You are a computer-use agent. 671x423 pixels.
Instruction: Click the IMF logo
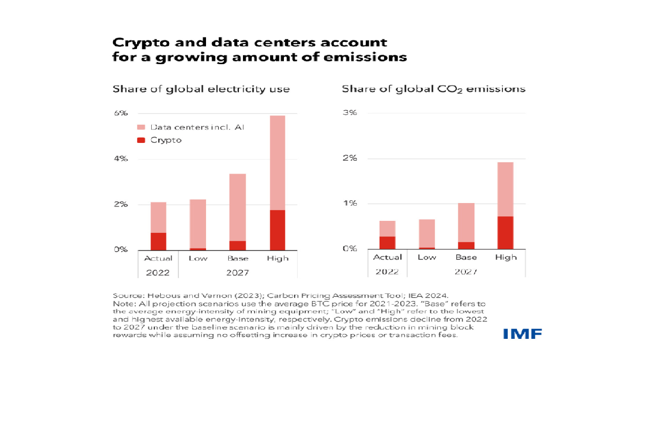522,334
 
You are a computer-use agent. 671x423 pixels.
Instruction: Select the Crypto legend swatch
141,140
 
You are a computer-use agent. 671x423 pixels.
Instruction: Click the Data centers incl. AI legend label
197,127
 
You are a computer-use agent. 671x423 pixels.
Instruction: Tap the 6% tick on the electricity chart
121,113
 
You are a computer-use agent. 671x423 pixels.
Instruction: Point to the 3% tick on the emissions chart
350,113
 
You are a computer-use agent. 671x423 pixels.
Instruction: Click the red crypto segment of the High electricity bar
277,230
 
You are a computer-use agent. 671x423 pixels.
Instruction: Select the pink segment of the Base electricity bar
237,207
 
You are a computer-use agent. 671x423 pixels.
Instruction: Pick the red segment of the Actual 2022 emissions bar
387,243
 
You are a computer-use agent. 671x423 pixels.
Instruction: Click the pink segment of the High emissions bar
505,189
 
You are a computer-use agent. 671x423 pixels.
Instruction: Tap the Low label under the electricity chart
198,258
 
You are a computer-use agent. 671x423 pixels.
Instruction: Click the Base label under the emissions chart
466,257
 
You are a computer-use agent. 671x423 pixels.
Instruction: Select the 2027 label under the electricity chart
237,273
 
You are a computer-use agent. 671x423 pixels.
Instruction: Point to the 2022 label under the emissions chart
387,272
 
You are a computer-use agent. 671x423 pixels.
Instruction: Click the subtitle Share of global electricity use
201,89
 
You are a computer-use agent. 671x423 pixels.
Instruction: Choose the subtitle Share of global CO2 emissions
433,89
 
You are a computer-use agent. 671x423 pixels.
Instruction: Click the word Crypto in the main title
141,43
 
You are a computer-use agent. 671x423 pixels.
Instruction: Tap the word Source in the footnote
128,295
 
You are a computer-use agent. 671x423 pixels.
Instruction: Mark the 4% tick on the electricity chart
121,159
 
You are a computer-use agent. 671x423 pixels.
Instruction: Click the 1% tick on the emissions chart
350,203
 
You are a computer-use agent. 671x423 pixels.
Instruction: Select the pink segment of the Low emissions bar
426,233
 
